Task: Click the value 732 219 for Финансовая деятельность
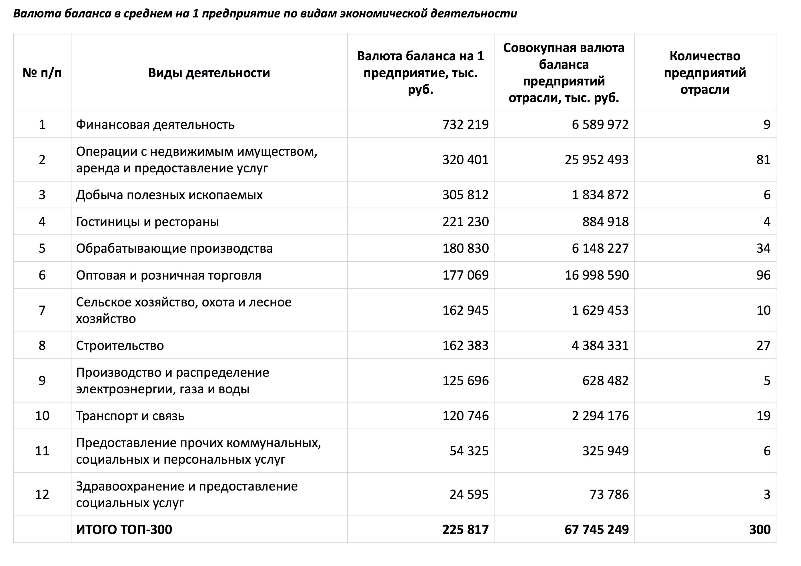click(x=466, y=125)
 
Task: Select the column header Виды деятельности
click(x=209, y=73)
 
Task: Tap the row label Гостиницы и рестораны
click(x=147, y=222)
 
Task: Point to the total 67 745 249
click(x=597, y=529)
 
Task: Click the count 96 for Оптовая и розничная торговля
click(x=763, y=275)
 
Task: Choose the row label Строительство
click(x=120, y=346)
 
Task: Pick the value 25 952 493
click(x=597, y=160)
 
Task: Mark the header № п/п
click(x=42, y=73)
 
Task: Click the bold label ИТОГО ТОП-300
click(x=124, y=529)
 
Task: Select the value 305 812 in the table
click(x=466, y=195)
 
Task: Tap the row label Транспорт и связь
click(x=130, y=416)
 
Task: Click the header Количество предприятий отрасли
click(x=705, y=73)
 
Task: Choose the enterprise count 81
click(x=763, y=160)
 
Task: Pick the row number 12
click(x=42, y=495)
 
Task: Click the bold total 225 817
click(x=466, y=529)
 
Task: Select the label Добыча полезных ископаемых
click(x=169, y=195)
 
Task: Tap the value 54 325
click(x=469, y=451)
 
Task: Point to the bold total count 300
click(x=760, y=529)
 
